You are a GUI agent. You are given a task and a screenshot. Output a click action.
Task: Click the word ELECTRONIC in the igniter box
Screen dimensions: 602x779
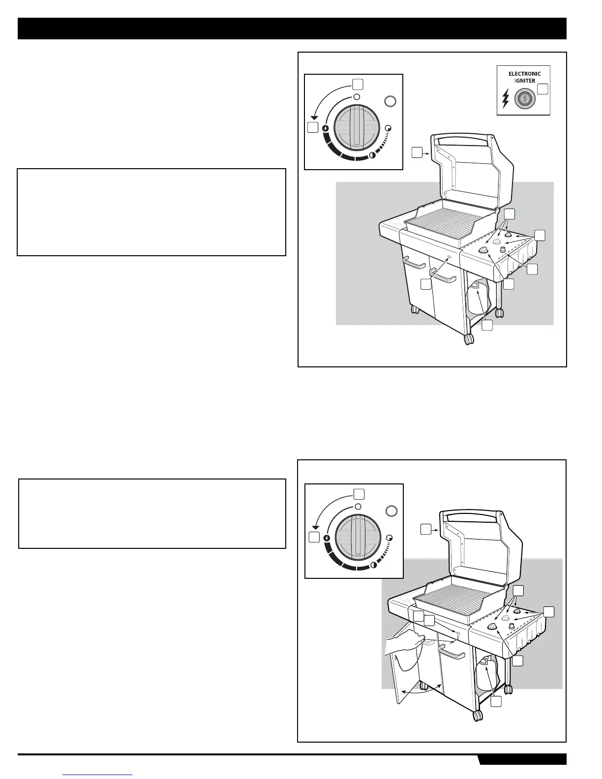(524, 74)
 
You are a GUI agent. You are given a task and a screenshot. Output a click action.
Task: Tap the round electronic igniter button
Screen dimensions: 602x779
(525, 99)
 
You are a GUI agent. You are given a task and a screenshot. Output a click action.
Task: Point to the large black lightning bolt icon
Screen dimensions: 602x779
(505, 99)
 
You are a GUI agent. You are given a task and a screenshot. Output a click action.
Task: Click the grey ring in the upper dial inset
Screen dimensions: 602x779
(390, 102)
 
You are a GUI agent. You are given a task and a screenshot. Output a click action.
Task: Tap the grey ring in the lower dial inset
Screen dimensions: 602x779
(391, 511)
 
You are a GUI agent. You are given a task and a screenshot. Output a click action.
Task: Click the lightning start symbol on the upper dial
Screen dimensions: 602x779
(325, 129)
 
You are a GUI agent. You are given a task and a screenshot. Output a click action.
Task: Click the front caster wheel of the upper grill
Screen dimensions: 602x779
(468, 339)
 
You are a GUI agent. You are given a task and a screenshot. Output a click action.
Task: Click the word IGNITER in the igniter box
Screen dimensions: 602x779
(525, 81)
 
